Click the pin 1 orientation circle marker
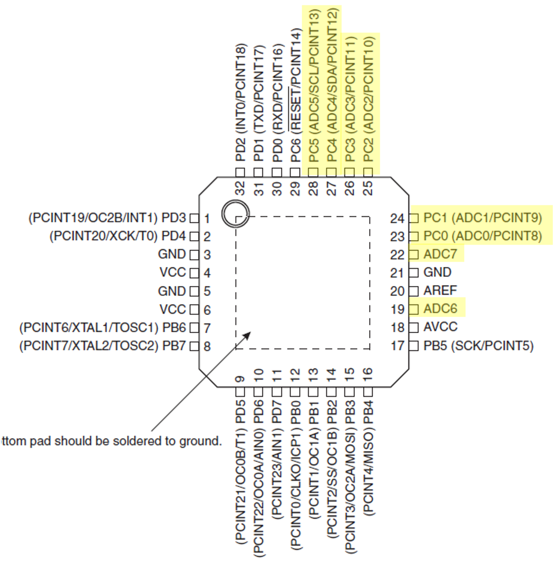pyautogui.click(x=235, y=214)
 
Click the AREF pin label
pyautogui.click(x=440, y=290)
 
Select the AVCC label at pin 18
pyautogui.click(x=440, y=327)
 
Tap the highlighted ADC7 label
pyautogui.click(x=440, y=254)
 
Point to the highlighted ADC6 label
pyautogui.click(x=440, y=309)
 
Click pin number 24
pyautogui.click(x=397, y=218)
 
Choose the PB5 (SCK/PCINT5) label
pyautogui.click(x=478, y=346)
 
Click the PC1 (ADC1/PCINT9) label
pyautogui.click(x=483, y=217)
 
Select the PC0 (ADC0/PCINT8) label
pyautogui.click(x=483, y=236)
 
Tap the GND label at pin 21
pyautogui.click(x=437, y=272)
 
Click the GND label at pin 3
pyautogui.click(x=172, y=254)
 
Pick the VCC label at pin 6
pyautogui.click(x=173, y=309)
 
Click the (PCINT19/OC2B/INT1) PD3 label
pyautogui.click(x=107, y=217)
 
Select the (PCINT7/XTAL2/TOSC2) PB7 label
pyautogui.click(x=103, y=346)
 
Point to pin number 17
pyautogui.click(x=397, y=346)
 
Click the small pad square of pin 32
pyautogui.click(x=240, y=171)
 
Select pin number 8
pyautogui.click(x=207, y=346)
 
